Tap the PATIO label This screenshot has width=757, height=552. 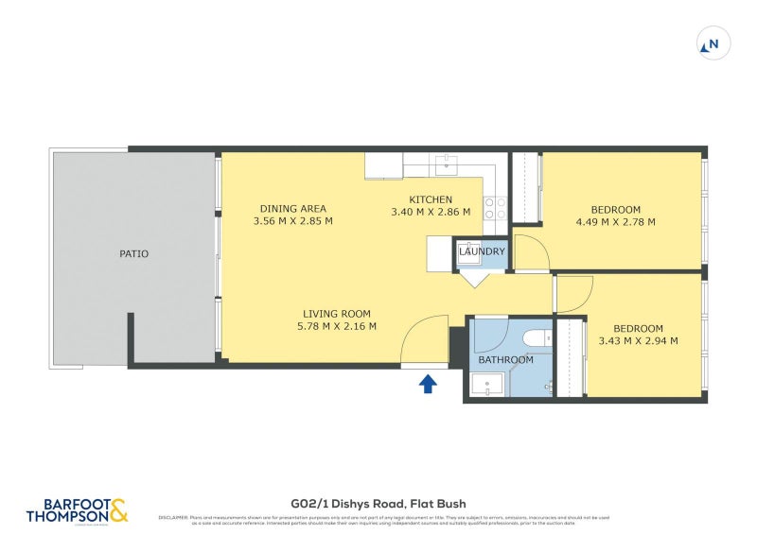[133, 253]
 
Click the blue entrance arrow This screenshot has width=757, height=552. [428, 383]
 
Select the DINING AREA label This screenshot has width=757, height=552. [293, 209]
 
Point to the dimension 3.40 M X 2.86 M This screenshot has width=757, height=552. [431, 212]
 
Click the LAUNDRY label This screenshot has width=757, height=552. [483, 252]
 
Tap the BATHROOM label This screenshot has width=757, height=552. [505, 360]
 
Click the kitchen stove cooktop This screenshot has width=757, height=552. [495, 207]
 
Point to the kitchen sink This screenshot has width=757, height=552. [447, 165]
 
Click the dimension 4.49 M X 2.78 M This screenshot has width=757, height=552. [616, 222]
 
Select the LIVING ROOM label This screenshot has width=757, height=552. [337, 314]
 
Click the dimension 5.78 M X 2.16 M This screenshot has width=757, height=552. [337, 327]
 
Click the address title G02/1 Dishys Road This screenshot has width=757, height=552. [378, 504]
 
